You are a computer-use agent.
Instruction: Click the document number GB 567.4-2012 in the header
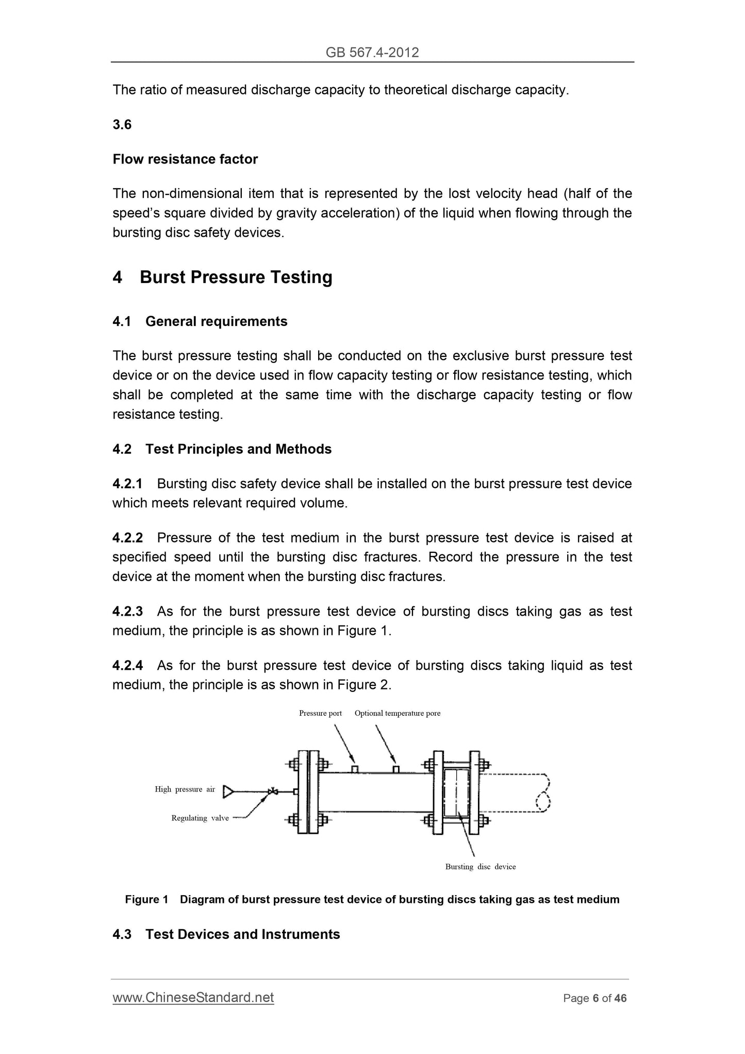coord(372,52)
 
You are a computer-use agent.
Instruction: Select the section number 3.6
coord(122,125)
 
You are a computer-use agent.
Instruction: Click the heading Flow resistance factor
coord(185,159)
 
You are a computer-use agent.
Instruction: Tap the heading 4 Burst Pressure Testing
coord(222,277)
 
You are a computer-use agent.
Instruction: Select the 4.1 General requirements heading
coord(200,322)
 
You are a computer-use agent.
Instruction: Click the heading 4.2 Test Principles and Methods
coord(222,449)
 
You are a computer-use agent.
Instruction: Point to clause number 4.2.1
coord(127,484)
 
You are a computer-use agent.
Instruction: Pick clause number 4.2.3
coord(127,612)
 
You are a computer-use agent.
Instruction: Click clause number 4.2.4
coord(127,666)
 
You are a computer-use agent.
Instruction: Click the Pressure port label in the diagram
coord(320,714)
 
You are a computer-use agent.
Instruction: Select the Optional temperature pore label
coord(398,714)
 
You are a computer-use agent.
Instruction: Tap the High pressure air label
coord(185,789)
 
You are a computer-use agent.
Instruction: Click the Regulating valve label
coord(200,818)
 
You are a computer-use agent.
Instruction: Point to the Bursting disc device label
coord(481,867)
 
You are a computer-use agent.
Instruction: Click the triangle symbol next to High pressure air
coord(228,792)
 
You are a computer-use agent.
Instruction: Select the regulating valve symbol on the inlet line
coord(273,792)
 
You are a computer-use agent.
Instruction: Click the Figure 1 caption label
coord(146,900)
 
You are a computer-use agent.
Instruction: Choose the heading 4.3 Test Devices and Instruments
coord(226,934)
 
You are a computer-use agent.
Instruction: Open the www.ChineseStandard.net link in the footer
coord(193,998)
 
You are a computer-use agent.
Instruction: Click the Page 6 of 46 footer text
coord(595,998)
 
